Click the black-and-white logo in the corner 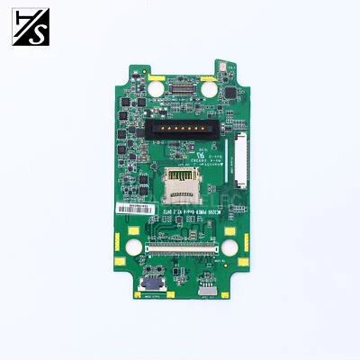[x=28, y=26]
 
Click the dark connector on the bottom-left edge [x=147, y=293]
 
